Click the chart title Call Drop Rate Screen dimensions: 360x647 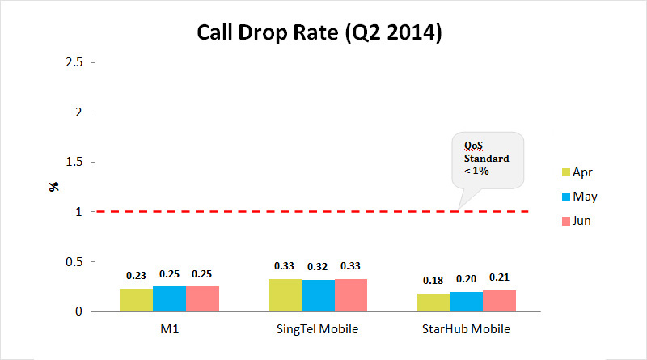point(319,34)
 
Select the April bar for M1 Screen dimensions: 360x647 point(136,300)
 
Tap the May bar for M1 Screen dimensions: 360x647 point(169,299)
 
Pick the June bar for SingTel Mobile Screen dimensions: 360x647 point(350,295)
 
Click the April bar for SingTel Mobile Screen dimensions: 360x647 point(285,295)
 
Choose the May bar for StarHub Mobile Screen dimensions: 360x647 point(467,302)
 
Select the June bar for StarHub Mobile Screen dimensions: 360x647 point(500,301)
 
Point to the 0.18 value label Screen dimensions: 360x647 point(434,280)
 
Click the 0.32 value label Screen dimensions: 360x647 point(318,266)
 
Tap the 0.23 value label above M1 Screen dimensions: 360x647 point(136,275)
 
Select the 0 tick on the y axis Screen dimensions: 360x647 point(80,311)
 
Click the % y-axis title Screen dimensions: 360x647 point(54,187)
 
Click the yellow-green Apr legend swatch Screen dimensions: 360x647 point(566,172)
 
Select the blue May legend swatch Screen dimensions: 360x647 point(566,196)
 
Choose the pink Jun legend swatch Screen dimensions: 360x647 point(566,220)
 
